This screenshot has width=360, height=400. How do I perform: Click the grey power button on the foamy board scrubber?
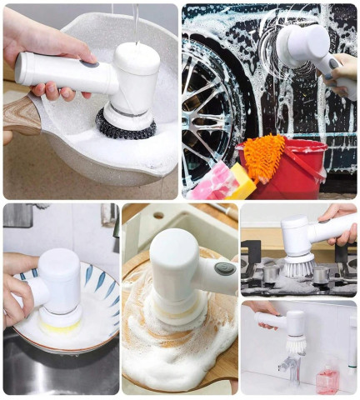pyautogui.click(x=225, y=268)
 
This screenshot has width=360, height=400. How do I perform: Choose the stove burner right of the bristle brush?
pyautogui.click(x=321, y=272)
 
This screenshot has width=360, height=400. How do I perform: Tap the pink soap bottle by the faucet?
pyautogui.click(x=327, y=379)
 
